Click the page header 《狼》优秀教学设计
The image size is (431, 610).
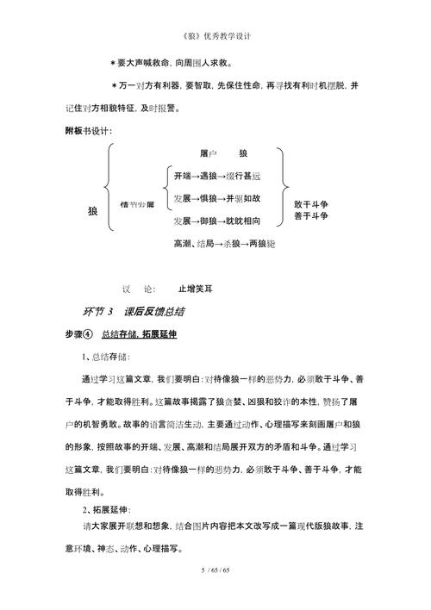click(216, 37)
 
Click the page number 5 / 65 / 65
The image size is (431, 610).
click(215, 571)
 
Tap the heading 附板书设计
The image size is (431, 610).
click(89, 130)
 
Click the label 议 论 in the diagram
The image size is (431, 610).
click(138, 289)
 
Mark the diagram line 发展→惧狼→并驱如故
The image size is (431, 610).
click(215, 198)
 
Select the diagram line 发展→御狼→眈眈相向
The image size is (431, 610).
click(215, 221)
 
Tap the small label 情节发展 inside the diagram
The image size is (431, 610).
click(137, 203)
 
